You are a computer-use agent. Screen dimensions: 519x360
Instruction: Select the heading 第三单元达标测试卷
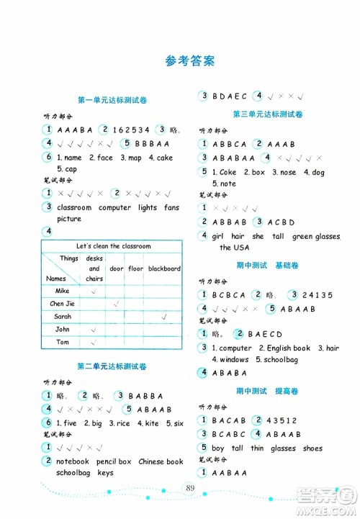pyautogui.click(x=268, y=114)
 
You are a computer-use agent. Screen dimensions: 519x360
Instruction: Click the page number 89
pyautogui.click(x=190, y=489)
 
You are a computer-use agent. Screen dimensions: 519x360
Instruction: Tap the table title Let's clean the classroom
pyautogui.click(x=113, y=246)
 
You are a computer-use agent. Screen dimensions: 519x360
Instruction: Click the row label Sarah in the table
pyautogui.click(x=63, y=316)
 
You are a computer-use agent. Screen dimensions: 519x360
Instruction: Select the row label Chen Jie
pyautogui.click(x=63, y=304)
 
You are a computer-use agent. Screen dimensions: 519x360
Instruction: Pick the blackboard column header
pyautogui.click(x=164, y=268)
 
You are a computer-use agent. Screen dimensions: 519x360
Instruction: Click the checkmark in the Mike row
pyautogui.click(x=94, y=291)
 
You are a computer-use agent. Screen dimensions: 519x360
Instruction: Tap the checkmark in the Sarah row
pyautogui.click(x=164, y=316)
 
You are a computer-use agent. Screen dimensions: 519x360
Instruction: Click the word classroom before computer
pyautogui.click(x=74, y=207)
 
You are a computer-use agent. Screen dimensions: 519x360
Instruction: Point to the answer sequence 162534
pyautogui.click(x=130, y=130)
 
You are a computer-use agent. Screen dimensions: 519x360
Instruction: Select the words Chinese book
pyautogui.click(x=161, y=461)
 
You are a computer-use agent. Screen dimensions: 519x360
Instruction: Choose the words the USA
pyautogui.click(x=235, y=248)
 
